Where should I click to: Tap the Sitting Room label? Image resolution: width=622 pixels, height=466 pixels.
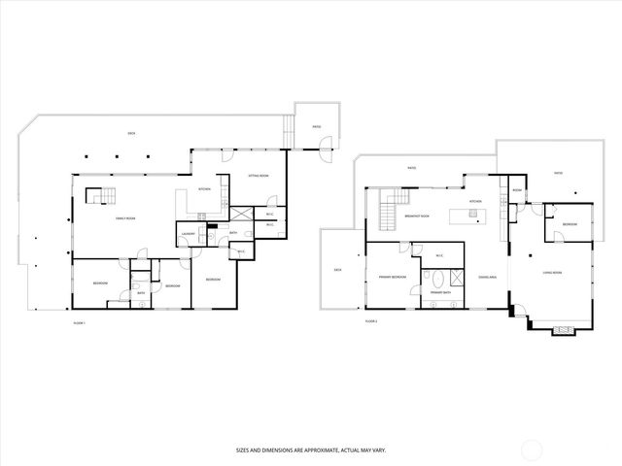tap(258, 176)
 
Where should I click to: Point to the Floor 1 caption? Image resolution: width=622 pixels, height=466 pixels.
tap(80, 321)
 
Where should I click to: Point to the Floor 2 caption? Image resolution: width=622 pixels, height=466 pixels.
tap(370, 320)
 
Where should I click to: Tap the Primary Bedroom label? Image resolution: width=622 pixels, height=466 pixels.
tap(392, 277)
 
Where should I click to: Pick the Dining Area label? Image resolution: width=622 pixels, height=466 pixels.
tap(487, 277)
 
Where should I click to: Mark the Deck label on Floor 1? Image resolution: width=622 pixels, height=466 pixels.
tap(130, 134)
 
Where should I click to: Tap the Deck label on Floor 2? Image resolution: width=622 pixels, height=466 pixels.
tap(337, 269)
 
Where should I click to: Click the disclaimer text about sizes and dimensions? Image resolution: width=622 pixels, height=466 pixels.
tap(310, 449)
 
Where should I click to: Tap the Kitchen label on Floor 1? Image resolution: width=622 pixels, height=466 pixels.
tap(205, 188)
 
